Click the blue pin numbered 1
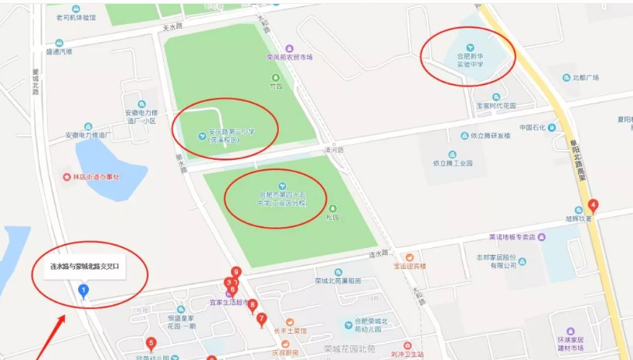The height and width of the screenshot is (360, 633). (x=84, y=290)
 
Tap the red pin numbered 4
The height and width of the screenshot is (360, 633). (x=593, y=206)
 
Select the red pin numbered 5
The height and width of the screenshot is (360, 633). (x=151, y=344)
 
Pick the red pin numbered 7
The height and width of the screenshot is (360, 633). (x=262, y=318)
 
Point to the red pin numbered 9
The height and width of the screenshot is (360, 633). (x=237, y=273)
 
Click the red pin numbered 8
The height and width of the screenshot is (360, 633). (x=252, y=305)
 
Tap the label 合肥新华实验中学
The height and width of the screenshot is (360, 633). (x=469, y=60)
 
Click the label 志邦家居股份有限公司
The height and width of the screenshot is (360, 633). (x=495, y=261)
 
